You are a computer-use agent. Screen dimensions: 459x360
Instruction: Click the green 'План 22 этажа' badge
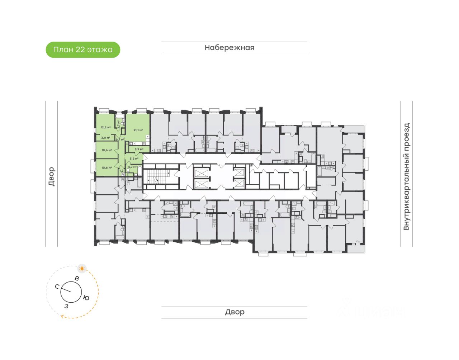83,50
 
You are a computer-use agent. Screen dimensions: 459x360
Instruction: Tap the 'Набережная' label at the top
229,48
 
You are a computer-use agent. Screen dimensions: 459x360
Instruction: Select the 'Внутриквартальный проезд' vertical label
406,176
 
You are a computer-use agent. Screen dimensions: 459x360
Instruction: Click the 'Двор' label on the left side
52,176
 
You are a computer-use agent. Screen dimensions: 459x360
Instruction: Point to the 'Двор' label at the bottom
235,312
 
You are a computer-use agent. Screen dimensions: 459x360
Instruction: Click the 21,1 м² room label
138,130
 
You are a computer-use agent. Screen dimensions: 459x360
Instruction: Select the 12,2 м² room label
105,127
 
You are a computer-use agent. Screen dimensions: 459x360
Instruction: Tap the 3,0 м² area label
105,138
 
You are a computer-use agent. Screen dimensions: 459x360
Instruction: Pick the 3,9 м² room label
139,149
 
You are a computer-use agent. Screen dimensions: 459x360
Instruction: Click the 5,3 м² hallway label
134,158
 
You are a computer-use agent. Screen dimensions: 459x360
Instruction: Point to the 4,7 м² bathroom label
132,167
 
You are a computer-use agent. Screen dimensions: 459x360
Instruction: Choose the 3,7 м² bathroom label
119,124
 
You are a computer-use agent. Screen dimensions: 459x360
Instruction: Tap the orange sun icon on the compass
82,268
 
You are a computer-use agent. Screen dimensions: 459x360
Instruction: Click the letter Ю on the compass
86,298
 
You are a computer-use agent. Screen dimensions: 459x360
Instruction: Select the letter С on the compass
57,286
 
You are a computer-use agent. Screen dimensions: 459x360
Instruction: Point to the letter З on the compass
66,306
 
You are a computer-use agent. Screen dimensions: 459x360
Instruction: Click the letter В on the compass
77,278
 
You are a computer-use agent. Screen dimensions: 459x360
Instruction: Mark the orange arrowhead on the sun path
63,316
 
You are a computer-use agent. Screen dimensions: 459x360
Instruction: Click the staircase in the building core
158,176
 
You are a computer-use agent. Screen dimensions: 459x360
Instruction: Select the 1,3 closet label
121,171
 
